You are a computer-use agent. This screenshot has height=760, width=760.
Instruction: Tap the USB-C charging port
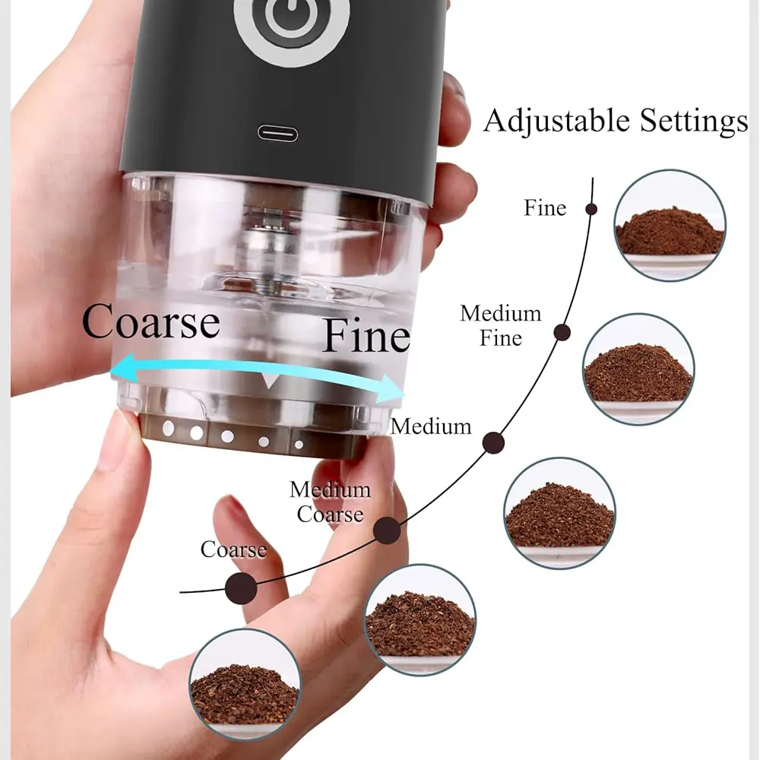click(x=277, y=134)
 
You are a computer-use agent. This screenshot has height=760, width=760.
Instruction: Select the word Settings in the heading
click(x=693, y=122)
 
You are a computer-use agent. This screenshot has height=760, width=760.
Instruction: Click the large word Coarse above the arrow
click(x=150, y=323)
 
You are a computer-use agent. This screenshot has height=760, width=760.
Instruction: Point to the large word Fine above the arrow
click(x=366, y=337)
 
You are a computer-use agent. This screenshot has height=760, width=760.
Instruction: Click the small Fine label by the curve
click(x=545, y=208)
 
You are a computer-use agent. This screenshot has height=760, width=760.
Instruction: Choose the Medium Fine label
click(x=501, y=325)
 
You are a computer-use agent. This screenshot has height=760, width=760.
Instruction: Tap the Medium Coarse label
click(x=330, y=502)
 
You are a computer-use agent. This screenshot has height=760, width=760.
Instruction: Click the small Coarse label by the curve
click(x=233, y=549)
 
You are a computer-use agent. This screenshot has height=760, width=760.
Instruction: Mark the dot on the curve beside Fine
click(x=591, y=209)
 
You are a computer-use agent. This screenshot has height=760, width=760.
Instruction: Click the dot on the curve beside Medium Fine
click(x=562, y=332)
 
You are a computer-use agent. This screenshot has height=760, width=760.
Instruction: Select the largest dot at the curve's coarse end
click(x=240, y=587)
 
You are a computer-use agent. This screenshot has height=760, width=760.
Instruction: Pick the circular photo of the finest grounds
click(x=670, y=226)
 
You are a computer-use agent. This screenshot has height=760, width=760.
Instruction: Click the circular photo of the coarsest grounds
click(x=244, y=685)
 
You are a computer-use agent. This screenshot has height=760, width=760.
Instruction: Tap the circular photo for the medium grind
click(x=559, y=513)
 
